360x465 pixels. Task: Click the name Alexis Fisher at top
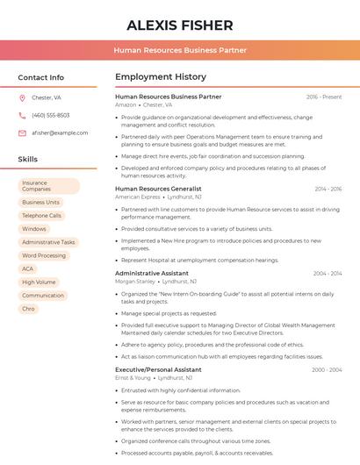pos(180,25)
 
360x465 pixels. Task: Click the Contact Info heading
pos(40,77)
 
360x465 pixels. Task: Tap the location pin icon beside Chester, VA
pos(22,97)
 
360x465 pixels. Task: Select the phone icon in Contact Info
pos(22,115)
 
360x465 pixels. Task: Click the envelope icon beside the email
pos(22,132)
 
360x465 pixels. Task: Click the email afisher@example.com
pos(60,132)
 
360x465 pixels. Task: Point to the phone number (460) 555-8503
pos(50,115)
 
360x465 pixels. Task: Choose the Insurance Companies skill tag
pos(49,186)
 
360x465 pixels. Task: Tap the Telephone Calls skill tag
pos(41,215)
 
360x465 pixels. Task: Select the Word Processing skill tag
pos(44,255)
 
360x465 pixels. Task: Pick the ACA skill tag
pos(28,268)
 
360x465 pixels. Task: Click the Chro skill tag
pos(29,309)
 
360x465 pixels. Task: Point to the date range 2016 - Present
pos(324,97)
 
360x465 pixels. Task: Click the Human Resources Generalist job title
pos(158,189)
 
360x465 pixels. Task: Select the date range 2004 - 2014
pos(327,273)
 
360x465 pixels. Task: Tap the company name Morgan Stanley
pos(134,282)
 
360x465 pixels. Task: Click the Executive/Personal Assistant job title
pos(158,369)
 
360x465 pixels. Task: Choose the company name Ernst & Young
pos(133,378)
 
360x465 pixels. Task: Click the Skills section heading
pos(28,159)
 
